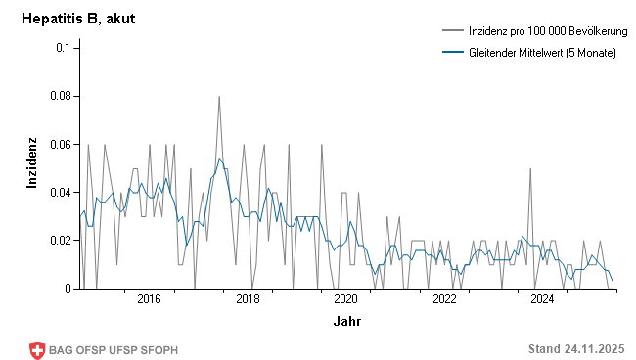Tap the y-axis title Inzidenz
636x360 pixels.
pyautogui.click(x=30, y=163)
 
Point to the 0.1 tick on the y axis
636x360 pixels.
pyautogui.click(x=62, y=48)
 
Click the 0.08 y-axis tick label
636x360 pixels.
pyautogui.click(x=58, y=96)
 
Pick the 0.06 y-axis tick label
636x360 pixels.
pyautogui.click(x=58, y=144)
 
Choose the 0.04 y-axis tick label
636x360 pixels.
pyautogui.click(x=58, y=193)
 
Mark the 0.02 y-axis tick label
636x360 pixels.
pyautogui.click(x=58, y=241)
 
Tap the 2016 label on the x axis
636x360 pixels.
pyautogui.click(x=149, y=299)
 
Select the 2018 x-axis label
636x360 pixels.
pyautogui.click(x=248, y=299)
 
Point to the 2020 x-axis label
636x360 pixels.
pyautogui.click(x=345, y=299)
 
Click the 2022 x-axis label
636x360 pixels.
pyautogui.click(x=444, y=299)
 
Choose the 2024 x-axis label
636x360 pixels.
pyautogui.click(x=543, y=299)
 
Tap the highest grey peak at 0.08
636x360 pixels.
pyautogui.click(x=219, y=97)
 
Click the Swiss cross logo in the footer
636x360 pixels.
pyautogui.click(x=38, y=349)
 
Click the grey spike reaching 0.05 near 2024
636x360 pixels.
pyautogui.click(x=530, y=169)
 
